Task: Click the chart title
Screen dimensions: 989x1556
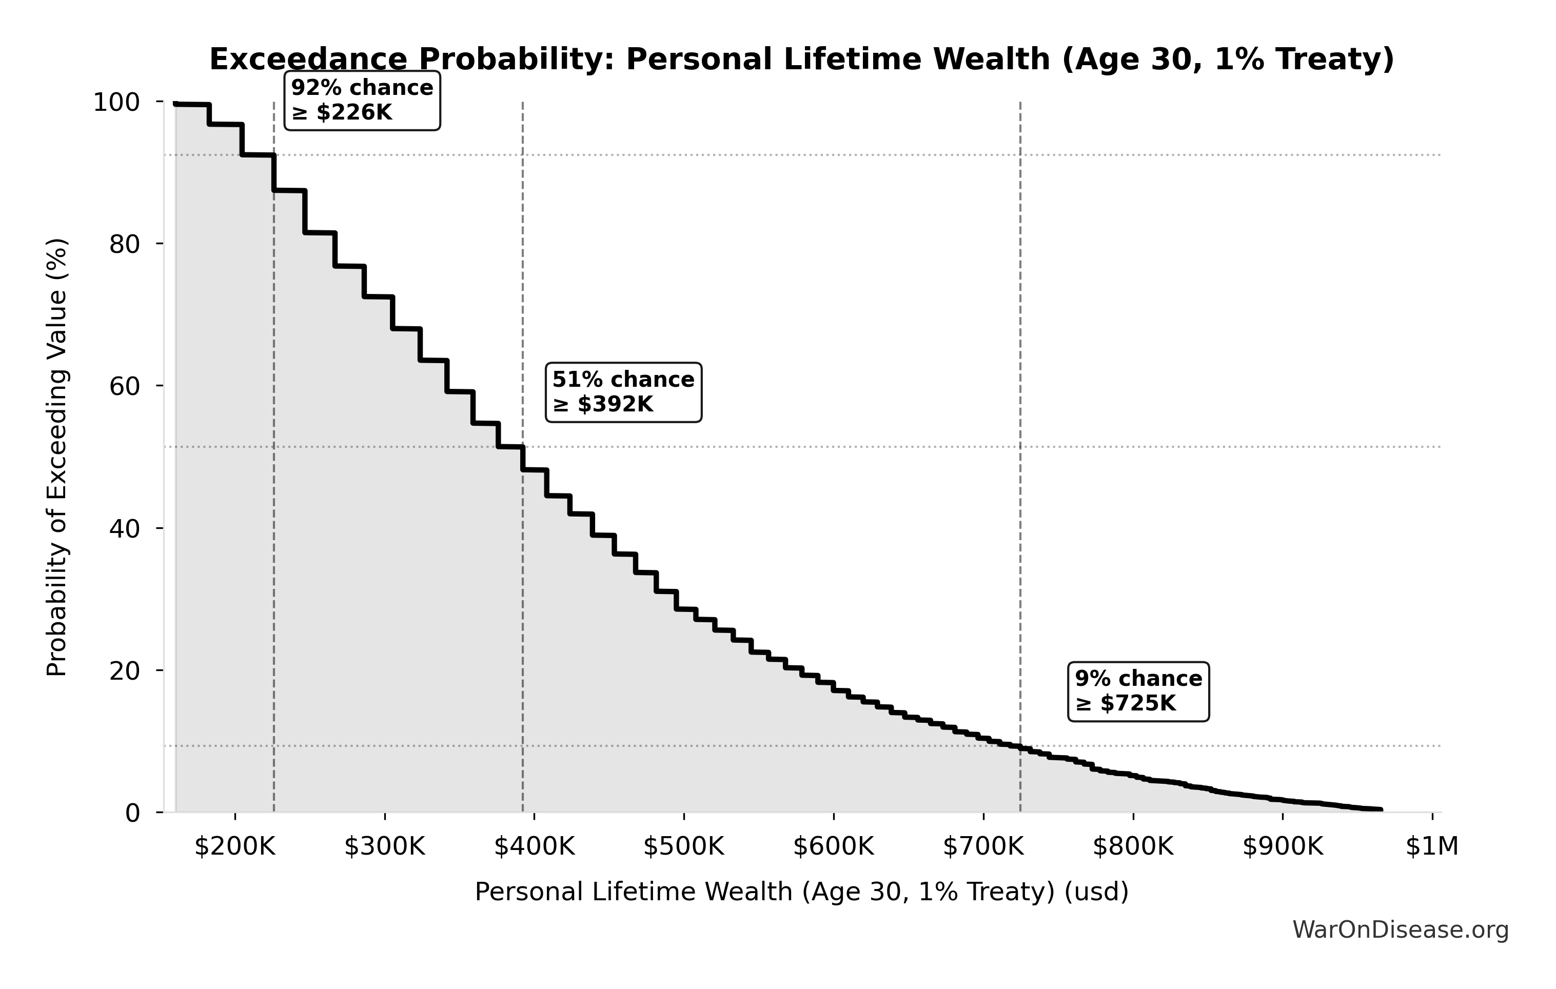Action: click(801, 60)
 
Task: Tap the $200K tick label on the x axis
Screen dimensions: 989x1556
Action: click(235, 846)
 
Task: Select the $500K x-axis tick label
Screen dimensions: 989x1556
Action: click(684, 846)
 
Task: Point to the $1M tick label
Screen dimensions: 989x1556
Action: click(1432, 846)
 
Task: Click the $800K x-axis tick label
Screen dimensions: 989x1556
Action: click(1133, 846)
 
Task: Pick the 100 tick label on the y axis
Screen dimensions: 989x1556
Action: click(116, 102)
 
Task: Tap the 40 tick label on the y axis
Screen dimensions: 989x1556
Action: click(124, 528)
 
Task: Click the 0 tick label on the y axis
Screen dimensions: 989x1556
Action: click(132, 813)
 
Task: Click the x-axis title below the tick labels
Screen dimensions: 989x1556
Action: click(801, 892)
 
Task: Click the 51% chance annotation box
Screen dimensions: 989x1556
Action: click(623, 392)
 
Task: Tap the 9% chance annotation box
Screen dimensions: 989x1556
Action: click(1138, 691)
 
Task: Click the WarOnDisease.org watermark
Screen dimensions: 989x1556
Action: click(1400, 930)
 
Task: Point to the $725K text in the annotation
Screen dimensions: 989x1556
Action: click(1137, 703)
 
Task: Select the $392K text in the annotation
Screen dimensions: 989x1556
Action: click(615, 404)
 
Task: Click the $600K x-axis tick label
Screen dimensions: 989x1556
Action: click(834, 846)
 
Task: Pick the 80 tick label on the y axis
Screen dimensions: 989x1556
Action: click(124, 244)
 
